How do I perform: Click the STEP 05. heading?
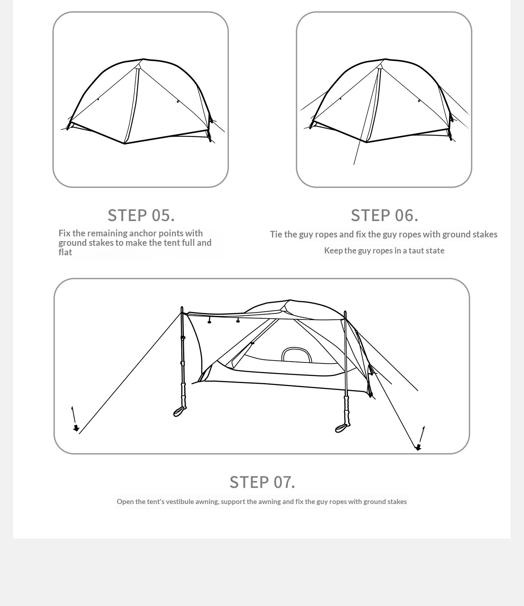pos(141,215)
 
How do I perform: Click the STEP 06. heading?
pos(385,215)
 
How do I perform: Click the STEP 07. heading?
pos(262,482)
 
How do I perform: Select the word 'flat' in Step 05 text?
pos(65,252)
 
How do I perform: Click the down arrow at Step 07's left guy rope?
pos(74,419)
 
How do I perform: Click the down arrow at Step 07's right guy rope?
pos(421,438)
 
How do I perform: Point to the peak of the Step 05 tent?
pos(143,59)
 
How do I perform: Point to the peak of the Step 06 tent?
pos(385,59)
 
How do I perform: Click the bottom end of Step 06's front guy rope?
pos(354,165)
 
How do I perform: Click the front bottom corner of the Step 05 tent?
pos(124,143)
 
